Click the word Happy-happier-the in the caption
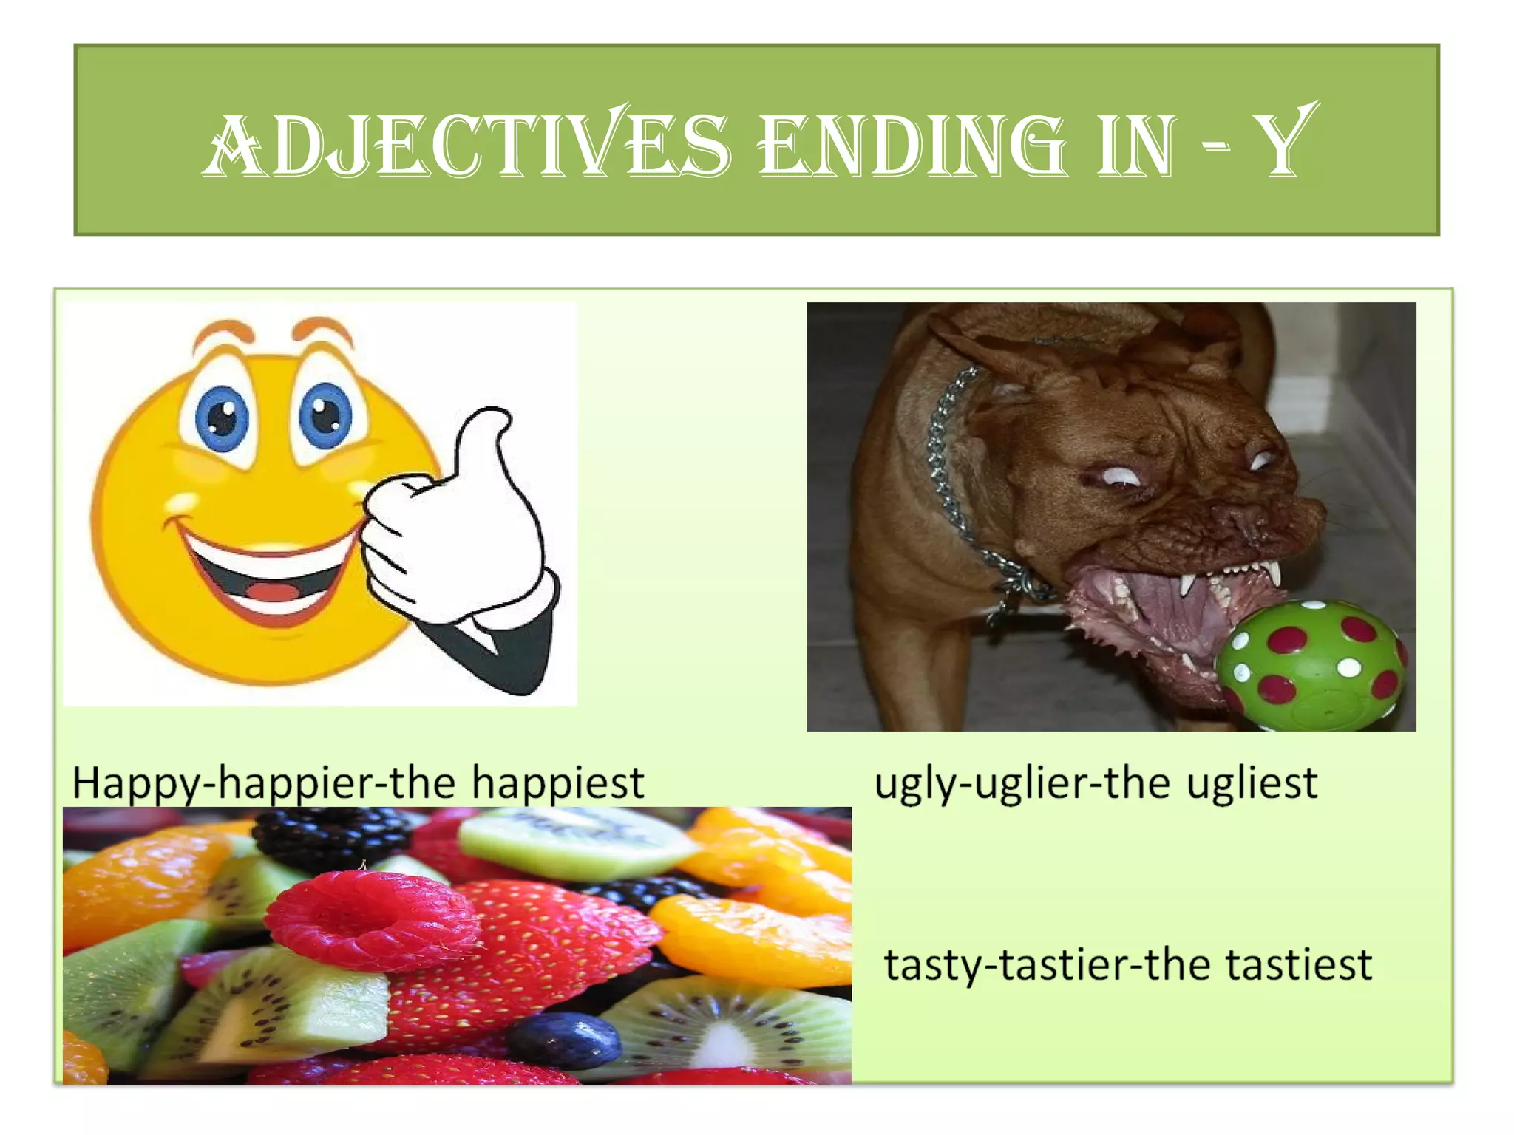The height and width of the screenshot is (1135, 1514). [x=263, y=784]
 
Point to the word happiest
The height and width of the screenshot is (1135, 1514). [x=557, y=784]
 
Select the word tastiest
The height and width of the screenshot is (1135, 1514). [x=1299, y=964]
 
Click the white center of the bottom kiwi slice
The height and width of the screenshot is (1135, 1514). [x=728, y=1046]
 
